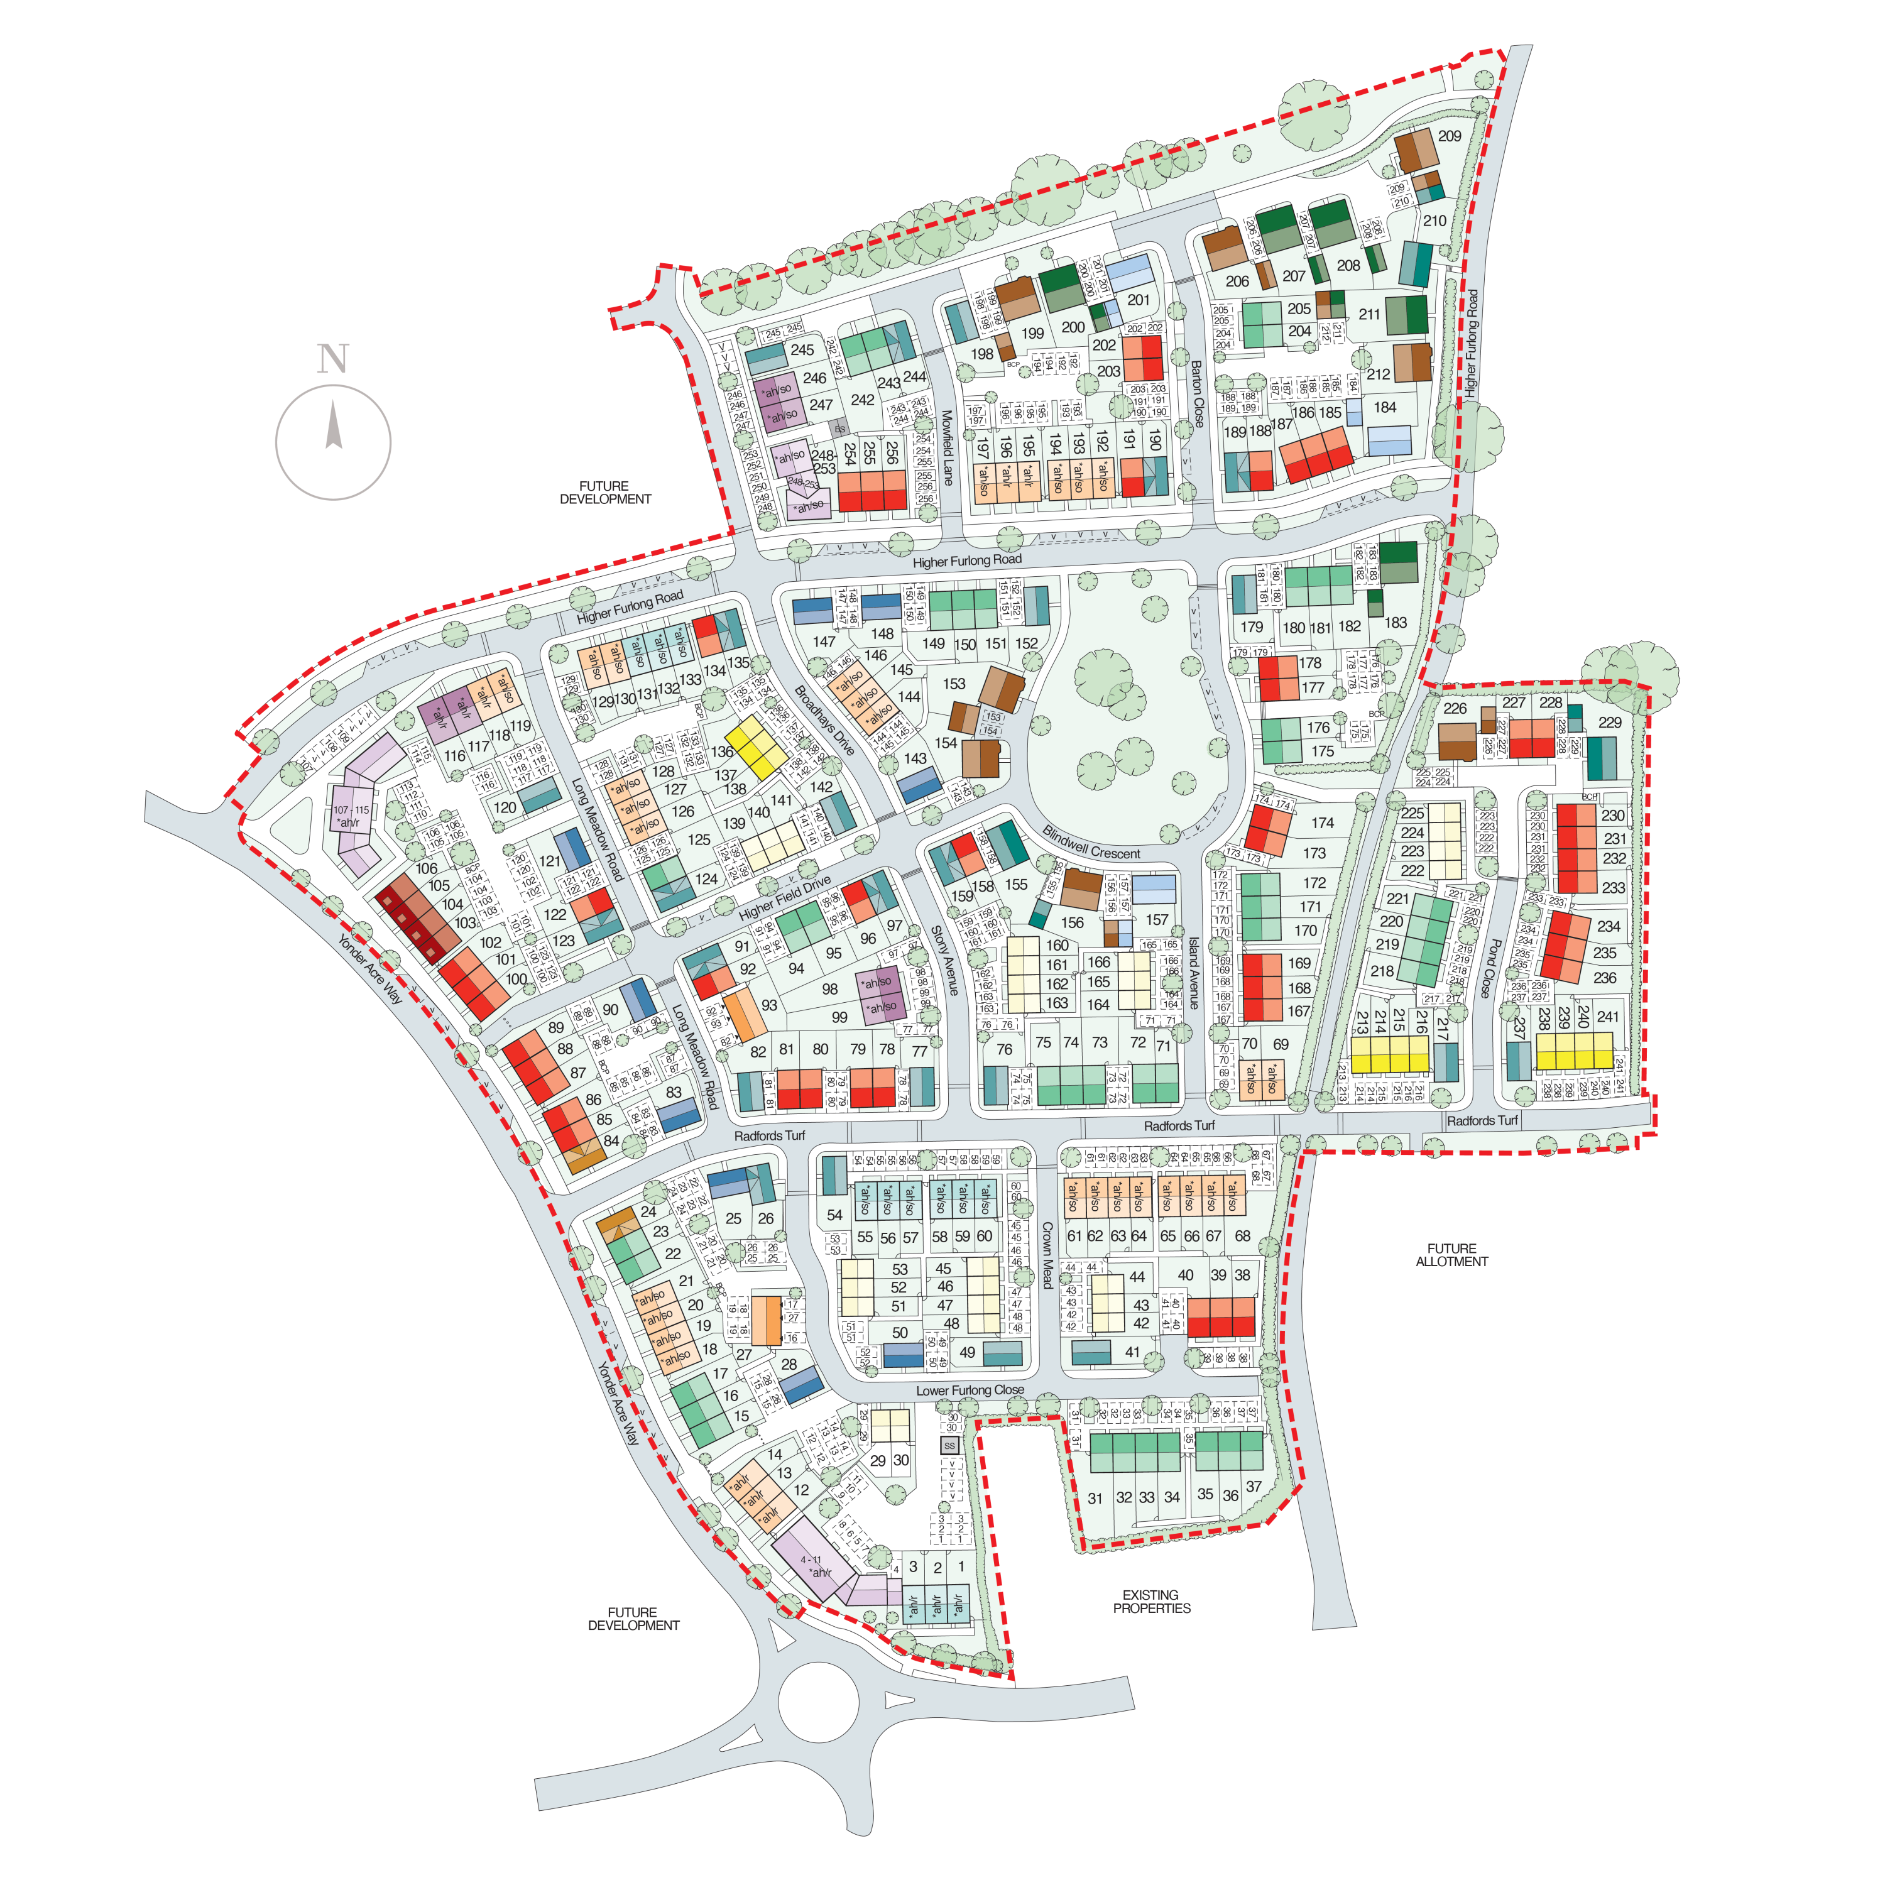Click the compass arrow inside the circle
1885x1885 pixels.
[334, 427]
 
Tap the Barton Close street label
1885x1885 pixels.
[1197, 394]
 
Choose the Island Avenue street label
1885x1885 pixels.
[1193, 973]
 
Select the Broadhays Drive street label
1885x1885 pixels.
[824, 720]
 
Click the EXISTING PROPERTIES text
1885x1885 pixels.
[1151, 1602]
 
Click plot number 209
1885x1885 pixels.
[1450, 136]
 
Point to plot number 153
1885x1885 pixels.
[954, 684]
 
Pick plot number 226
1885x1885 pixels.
[1455, 708]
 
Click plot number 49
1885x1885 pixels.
[967, 1352]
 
